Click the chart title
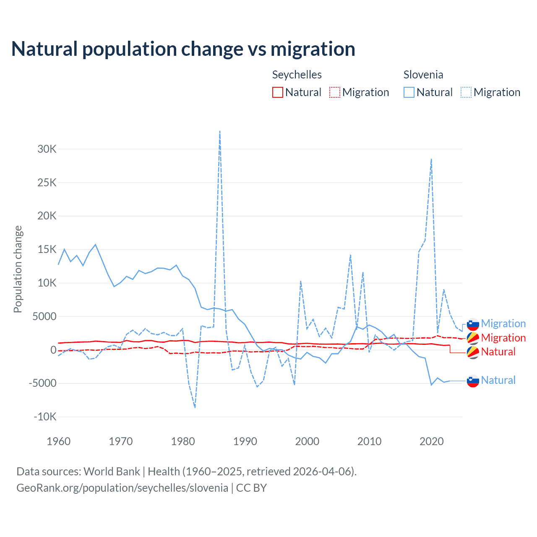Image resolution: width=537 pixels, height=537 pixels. click(x=183, y=49)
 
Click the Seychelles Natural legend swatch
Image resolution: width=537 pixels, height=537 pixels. click(x=278, y=92)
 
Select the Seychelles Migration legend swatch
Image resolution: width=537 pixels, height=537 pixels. click(x=335, y=92)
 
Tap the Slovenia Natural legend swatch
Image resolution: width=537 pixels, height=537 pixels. click(x=409, y=92)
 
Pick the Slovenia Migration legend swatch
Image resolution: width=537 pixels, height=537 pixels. click(x=466, y=92)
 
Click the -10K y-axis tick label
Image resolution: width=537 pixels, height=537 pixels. click(x=45, y=417)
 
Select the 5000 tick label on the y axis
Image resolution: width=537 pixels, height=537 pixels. click(x=44, y=316)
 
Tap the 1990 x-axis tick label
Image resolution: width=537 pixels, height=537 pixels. click(x=245, y=441)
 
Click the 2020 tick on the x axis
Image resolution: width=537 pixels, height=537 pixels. click(x=432, y=441)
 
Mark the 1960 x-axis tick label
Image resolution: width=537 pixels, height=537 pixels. click(x=59, y=441)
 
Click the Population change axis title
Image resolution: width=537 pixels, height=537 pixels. click(x=18, y=269)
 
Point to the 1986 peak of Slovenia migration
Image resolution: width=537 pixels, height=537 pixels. click(x=220, y=132)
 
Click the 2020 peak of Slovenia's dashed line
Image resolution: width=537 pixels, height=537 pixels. click(x=431, y=159)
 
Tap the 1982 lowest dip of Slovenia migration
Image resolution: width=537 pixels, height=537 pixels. click(x=195, y=407)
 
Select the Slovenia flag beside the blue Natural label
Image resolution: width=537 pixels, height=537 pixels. click(x=473, y=381)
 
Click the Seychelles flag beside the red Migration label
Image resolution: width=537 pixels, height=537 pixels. click(x=473, y=338)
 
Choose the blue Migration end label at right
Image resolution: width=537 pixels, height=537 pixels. click(x=503, y=323)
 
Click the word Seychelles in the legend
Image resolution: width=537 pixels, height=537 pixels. click(x=297, y=75)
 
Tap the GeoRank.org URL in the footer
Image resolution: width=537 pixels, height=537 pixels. click(x=122, y=488)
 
